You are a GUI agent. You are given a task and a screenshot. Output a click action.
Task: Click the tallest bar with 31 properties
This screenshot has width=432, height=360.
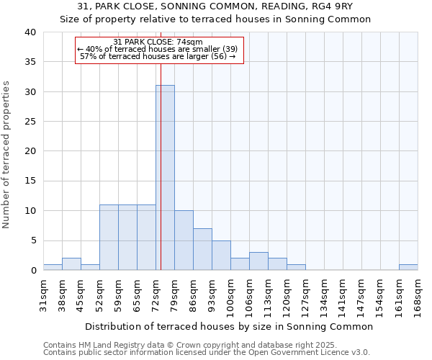tap(165, 178)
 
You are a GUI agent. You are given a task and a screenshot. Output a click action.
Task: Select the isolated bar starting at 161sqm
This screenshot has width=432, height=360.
tap(408, 267)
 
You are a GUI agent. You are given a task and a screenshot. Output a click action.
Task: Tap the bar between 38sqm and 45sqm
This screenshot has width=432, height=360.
tap(71, 264)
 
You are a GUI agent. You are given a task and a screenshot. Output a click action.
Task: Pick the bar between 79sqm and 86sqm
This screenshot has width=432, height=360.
tap(184, 240)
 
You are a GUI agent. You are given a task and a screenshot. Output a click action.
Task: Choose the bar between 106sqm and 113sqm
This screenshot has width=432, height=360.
tap(258, 261)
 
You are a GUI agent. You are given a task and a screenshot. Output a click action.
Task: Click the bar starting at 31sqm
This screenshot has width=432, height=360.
tap(53, 267)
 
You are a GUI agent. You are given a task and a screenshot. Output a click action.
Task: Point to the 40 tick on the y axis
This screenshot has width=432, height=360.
tap(31, 32)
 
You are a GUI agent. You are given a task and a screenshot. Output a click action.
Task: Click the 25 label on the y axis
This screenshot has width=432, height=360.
tap(31, 122)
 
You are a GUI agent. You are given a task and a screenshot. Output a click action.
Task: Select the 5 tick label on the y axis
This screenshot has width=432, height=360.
tap(34, 240)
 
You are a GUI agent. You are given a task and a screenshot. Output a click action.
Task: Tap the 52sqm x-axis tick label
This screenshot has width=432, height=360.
tap(99, 294)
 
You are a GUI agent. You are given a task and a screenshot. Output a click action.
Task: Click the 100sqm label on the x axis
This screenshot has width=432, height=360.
tap(230, 296)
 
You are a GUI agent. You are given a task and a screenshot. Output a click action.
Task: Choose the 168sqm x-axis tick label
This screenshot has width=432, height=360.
tap(418, 296)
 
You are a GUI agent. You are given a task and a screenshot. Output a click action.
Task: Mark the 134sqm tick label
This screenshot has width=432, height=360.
tap(324, 296)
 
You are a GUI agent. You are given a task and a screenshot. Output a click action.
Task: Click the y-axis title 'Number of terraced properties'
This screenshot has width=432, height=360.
tap(6, 155)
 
